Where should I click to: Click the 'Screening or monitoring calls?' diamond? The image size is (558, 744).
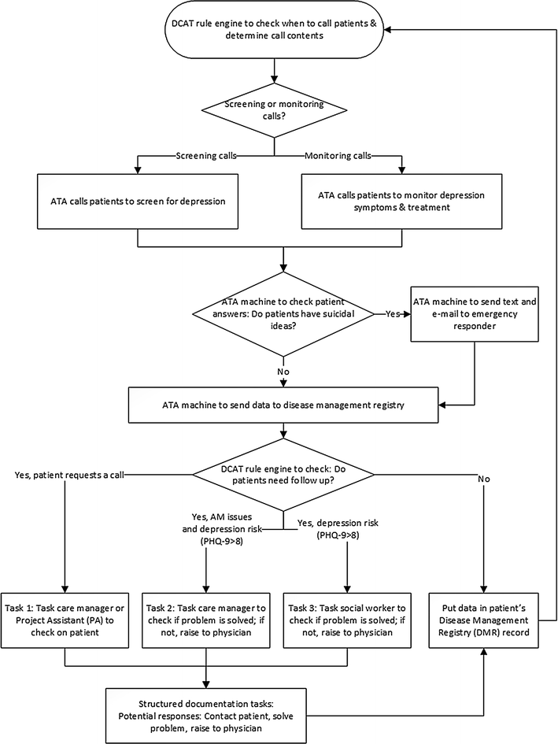tap(274, 110)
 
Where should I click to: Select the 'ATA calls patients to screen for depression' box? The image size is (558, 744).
tap(138, 202)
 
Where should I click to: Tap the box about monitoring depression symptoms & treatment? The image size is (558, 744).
tap(402, 202)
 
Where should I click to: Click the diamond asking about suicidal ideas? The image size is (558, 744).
tap(283, 313)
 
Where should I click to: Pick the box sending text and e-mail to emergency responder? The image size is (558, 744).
tap(475, 313)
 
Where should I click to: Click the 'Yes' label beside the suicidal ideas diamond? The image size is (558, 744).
tap(393, 313)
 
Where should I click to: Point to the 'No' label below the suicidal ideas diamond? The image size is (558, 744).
tap(283, 372)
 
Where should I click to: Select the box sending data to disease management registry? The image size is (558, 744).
tap(283, 405)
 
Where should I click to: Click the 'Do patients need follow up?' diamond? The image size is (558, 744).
tap(283, 475)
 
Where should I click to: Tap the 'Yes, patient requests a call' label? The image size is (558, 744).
tap(69, 475)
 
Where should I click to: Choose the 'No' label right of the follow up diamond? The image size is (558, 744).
tap(484, 479)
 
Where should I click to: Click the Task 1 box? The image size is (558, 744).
tap(65, 620)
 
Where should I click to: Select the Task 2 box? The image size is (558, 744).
tap(206, 620)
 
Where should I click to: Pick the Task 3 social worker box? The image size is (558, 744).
tap(347, 620)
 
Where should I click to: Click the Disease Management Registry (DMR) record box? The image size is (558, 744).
tap(484, 620)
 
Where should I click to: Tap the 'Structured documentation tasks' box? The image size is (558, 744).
tap(206, 716)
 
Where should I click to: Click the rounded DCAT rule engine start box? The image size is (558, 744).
tap(274, 29)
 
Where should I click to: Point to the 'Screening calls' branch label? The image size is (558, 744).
tap(206, 156)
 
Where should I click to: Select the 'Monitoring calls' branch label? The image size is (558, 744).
tap(338, 156)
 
